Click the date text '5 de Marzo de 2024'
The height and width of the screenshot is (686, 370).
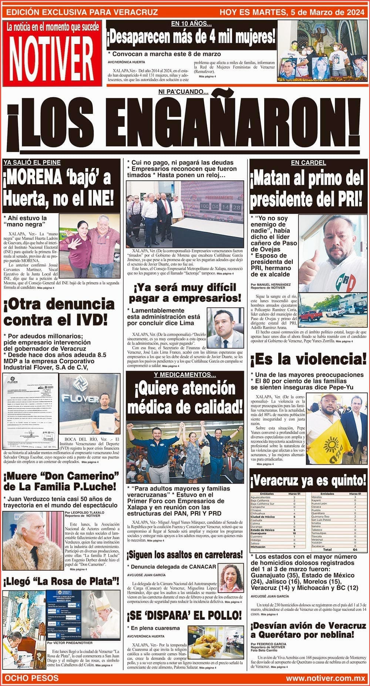(x=324, y=12)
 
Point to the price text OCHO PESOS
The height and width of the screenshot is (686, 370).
(x=31, y=678)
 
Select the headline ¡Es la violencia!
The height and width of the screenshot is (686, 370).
(x=308, y=360)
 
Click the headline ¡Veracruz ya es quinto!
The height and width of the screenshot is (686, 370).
(x=308, y=481)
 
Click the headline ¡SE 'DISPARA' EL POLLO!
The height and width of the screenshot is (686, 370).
(x=185, y=616)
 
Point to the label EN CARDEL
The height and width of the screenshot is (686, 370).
(x=308, y=163)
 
